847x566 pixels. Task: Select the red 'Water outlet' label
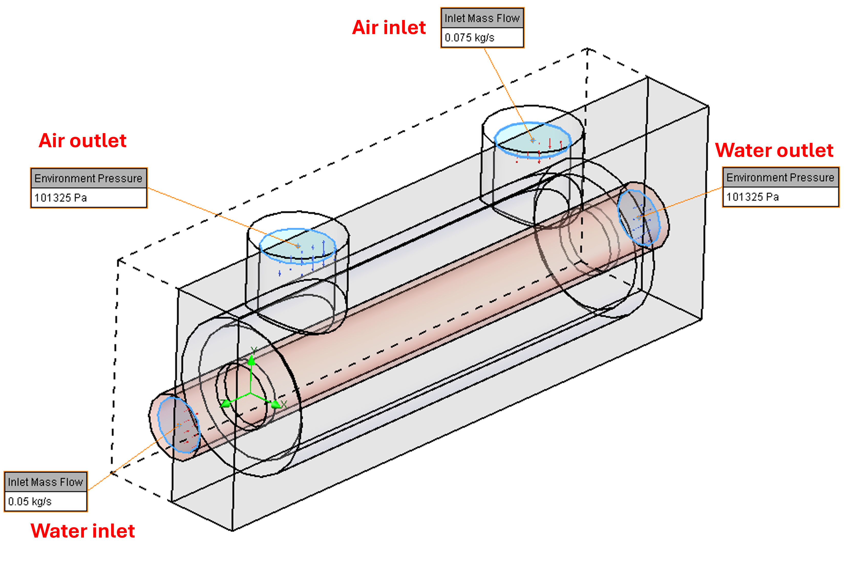tap(774, 150)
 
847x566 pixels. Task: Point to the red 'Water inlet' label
tap(83, 531)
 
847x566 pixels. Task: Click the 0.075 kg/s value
tap(469, 38)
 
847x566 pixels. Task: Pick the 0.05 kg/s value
tap(30, 501)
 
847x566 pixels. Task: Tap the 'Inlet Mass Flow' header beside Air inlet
tap(482, 18)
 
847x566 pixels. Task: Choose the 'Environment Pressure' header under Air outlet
tap(88, 178)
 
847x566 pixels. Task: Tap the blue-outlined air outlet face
tap(298, 245)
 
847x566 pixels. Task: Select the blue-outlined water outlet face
tap(639, 217)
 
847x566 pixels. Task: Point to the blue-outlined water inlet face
tap(179, 425)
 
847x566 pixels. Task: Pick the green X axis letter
tap(284, 404)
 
